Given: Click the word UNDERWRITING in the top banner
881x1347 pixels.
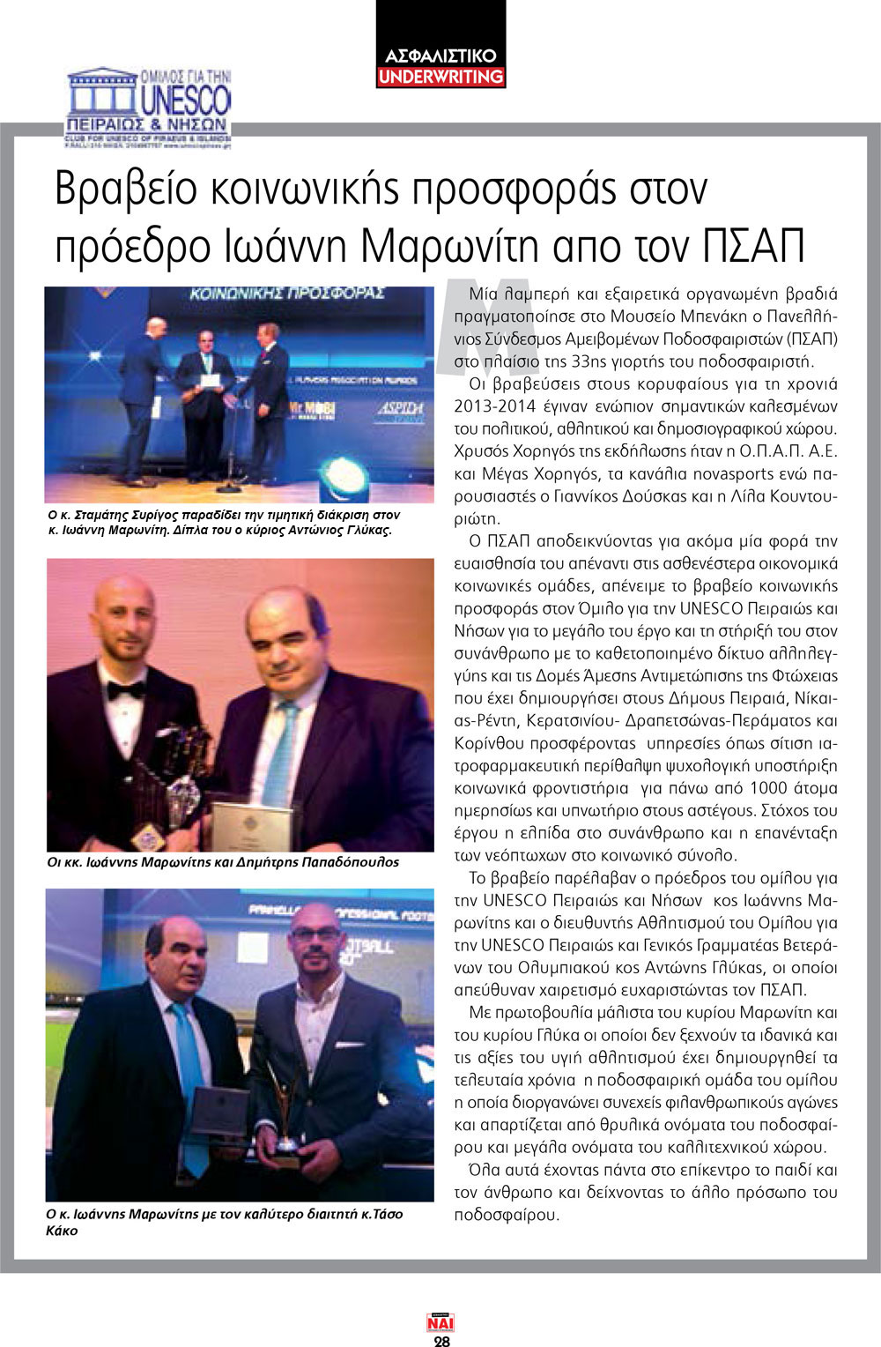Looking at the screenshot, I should pos(440,77).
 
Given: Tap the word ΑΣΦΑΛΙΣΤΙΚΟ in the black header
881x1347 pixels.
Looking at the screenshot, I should pos(440,56).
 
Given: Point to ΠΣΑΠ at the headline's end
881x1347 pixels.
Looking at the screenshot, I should pos(755,247).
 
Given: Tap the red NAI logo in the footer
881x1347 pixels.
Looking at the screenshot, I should pos(440,1323).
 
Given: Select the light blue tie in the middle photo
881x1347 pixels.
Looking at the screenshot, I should pos(280,749).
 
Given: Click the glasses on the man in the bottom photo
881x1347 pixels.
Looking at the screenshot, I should pos(315,933).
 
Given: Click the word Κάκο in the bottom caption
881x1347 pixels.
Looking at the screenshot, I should pos(62,1231).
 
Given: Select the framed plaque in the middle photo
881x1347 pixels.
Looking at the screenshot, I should pos(240,823).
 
